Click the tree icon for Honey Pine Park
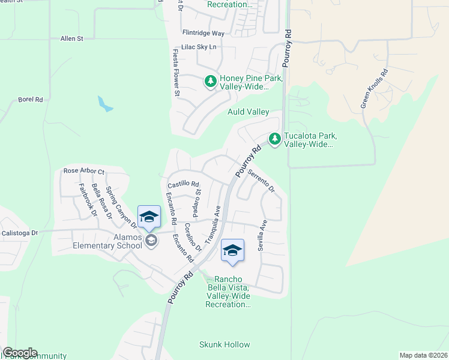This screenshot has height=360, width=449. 210,80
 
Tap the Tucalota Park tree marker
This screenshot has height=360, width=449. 274,139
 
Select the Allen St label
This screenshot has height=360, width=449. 71,38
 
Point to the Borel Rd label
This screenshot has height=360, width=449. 31,99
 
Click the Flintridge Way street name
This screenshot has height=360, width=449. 203,33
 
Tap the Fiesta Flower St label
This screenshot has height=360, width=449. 176,73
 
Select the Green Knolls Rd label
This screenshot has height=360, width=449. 373,89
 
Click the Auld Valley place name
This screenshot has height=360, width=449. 248,112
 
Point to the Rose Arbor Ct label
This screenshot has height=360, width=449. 83,172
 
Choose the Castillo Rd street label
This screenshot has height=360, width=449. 182,184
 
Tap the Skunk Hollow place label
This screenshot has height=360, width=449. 224,345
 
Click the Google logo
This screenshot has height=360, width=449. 20,353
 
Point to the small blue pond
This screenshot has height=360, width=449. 105,105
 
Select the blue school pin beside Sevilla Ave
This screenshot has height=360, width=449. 232,251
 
